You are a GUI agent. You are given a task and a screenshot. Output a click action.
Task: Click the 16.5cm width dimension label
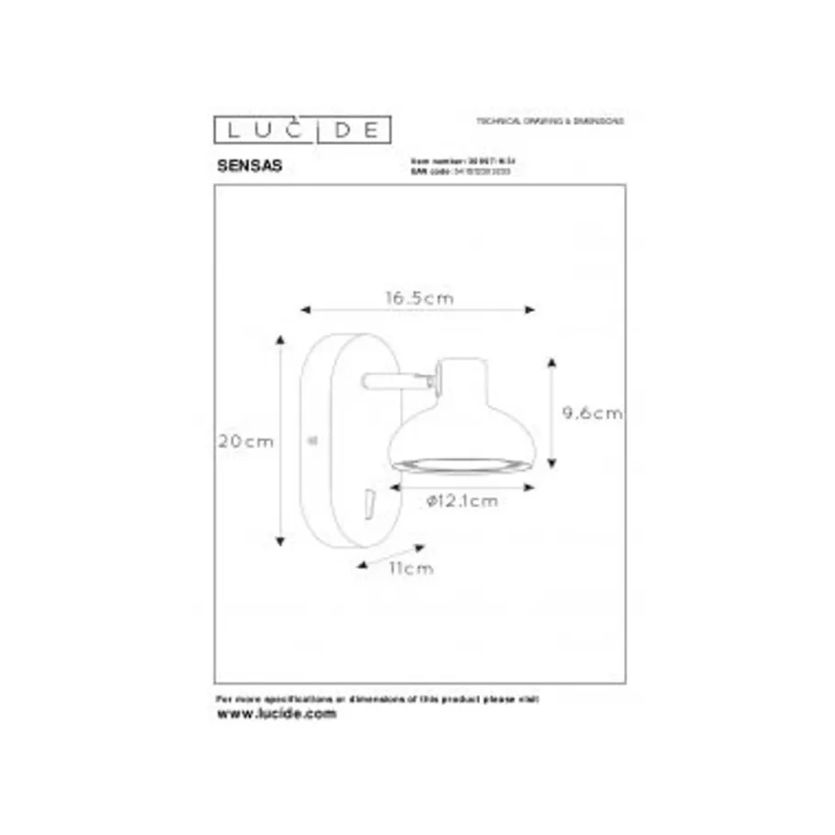418,298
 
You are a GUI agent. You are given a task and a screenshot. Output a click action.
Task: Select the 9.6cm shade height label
592,413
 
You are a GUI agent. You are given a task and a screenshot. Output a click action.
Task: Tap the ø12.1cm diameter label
462,501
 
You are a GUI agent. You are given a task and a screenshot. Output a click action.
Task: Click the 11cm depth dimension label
410,568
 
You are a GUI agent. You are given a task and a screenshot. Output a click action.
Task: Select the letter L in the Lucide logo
227,130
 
